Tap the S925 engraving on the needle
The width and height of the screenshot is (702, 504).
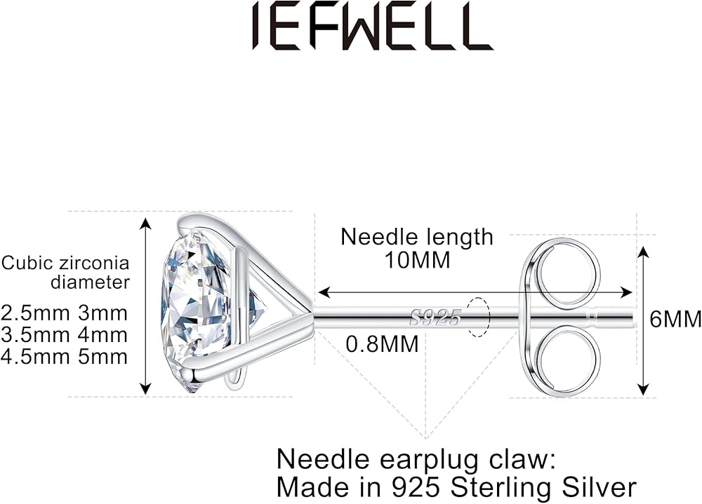436,318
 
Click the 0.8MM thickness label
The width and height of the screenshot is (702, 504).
383,344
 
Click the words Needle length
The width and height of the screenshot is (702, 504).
416,237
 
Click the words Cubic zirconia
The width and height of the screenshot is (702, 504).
65,264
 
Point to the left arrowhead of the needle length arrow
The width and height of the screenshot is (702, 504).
322,294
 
